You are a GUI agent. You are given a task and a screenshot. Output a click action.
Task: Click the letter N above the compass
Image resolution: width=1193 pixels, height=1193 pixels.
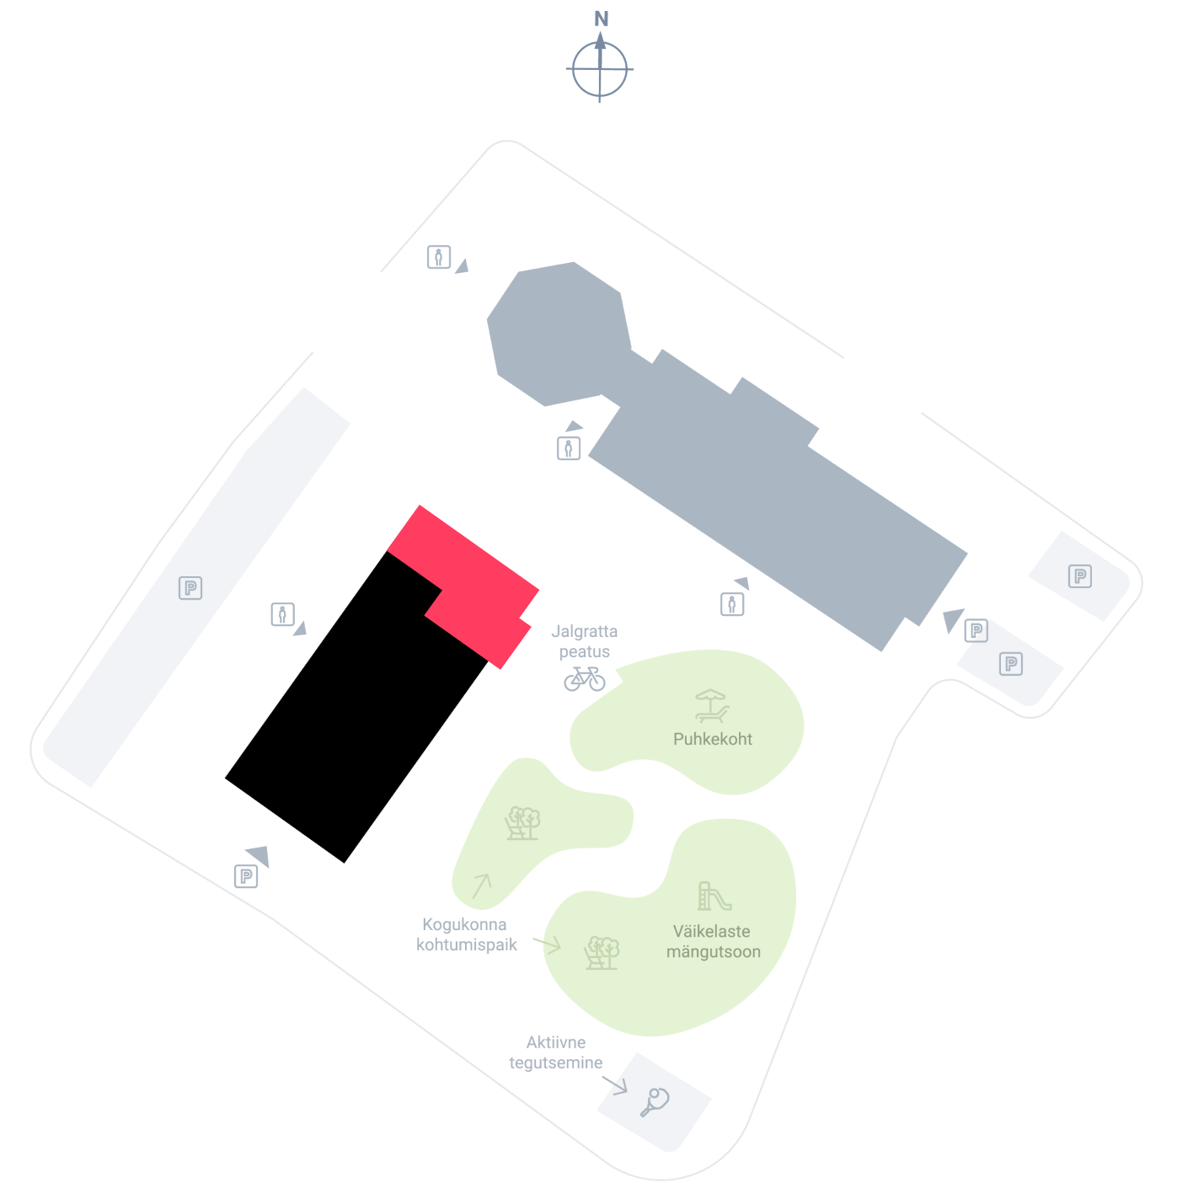point(601,19)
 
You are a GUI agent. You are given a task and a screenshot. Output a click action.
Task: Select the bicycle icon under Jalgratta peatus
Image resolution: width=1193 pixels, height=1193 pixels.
point(585,678)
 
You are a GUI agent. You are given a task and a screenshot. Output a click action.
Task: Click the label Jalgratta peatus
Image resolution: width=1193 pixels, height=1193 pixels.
point(585,641)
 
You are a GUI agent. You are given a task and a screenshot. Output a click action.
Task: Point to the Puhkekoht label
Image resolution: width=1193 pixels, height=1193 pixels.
point(713,739)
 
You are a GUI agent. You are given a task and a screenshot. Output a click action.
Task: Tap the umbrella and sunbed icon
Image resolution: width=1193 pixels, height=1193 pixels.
point(712,706)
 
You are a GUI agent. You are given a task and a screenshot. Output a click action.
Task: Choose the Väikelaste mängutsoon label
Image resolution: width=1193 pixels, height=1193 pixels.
point(714,941)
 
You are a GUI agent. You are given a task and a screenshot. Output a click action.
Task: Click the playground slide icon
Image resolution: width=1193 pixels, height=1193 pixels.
point(714,896)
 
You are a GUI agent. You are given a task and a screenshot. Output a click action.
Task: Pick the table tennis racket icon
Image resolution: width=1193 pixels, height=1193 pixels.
point(655,1102)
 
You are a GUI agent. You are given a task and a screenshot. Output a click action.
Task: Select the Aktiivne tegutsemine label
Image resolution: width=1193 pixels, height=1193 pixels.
point(555,1052)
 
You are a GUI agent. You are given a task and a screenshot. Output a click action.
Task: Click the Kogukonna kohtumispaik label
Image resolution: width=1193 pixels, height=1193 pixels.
point(466,934)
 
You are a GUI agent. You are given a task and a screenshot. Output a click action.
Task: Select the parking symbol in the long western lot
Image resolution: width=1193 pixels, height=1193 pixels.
point(190,587)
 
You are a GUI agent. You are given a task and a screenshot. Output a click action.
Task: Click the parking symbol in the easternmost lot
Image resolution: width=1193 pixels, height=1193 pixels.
point(1080,575)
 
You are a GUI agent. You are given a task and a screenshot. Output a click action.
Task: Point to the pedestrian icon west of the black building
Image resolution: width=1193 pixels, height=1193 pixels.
point(282,615)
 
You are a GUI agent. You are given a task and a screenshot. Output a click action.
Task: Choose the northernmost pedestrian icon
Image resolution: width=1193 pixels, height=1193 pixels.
point(438,257)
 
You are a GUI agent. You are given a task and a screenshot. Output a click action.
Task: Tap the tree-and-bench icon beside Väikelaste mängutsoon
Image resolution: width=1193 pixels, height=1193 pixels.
point(602,953)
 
